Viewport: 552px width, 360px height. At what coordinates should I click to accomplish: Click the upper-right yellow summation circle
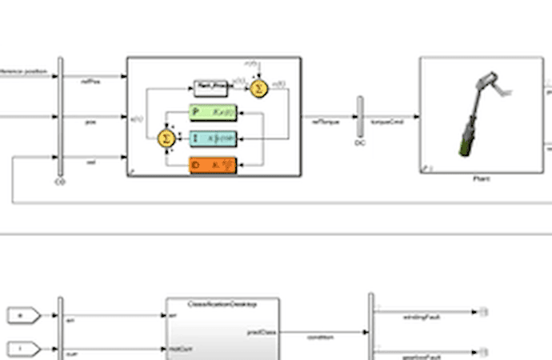[258, 89]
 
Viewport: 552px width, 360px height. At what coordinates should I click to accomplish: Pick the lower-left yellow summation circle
[166, 138]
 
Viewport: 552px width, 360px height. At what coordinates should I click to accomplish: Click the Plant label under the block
[481, 179]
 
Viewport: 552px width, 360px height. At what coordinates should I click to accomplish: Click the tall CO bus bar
[61, 116]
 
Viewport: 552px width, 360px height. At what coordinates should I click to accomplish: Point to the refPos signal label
[90, 79]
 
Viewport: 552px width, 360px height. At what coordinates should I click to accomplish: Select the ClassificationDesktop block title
[222, 304]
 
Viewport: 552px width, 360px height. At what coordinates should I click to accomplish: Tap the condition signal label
[320, 337]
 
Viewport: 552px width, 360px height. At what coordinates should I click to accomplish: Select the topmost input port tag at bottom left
[20, 317]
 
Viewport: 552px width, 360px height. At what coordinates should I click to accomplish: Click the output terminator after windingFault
[483, 311]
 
